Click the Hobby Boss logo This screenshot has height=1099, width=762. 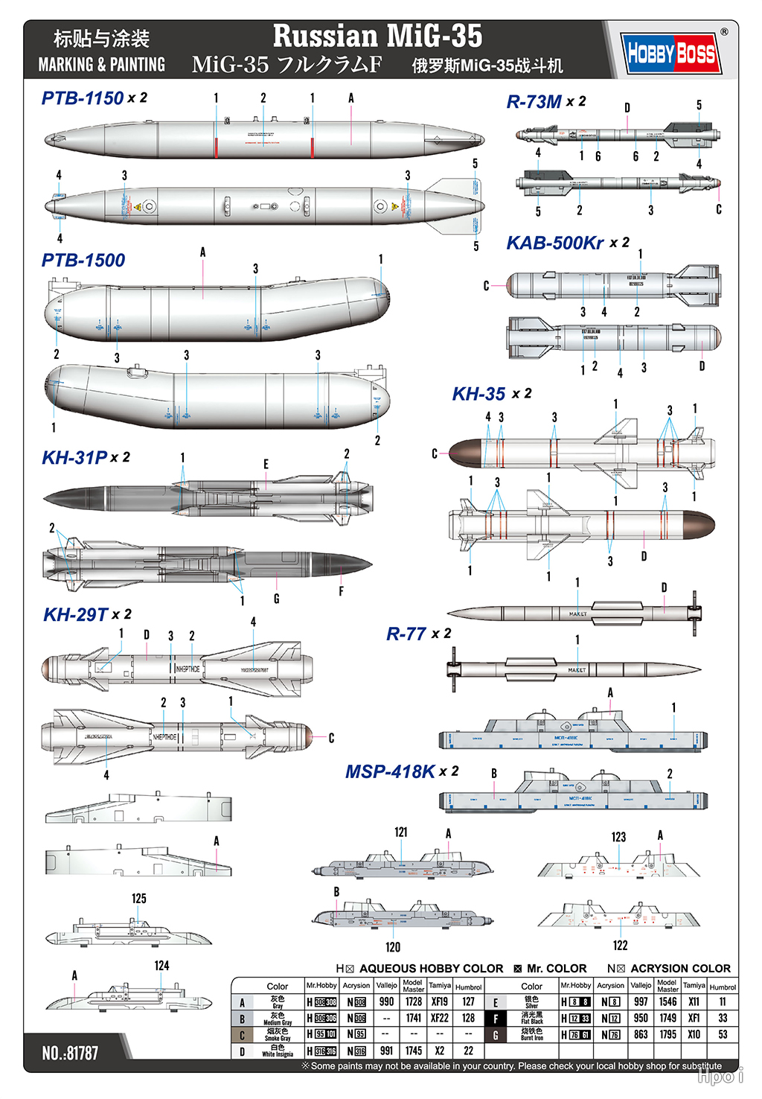pos(671,53)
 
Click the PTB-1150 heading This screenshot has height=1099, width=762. pos(83,98)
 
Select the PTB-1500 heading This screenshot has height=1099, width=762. pos(83,261)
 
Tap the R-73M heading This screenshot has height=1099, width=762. pos(534,102)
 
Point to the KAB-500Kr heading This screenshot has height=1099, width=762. pos(555,243)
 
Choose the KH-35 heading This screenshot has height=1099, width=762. pos(479,395)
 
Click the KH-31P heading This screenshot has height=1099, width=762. pos(75,458)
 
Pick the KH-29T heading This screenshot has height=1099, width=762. pos(76,615)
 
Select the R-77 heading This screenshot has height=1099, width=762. pos(406,634)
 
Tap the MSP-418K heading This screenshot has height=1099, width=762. pos(390,772)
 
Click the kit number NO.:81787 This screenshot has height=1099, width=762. pos(70,1053)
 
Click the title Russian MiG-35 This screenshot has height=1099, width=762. pos(377,36)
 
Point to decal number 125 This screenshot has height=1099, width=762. pos(139,899)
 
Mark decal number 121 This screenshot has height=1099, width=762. pos(401,832)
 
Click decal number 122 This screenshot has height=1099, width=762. pos(620,945)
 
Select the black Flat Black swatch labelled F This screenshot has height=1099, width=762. pos(496,1019)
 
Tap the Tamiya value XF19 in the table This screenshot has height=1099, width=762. pos(440,1001)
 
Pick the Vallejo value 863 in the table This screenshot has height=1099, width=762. pos(641,1034)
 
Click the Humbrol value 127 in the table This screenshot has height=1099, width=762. pos(468,1001)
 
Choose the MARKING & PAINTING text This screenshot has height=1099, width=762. pos(102,65)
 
